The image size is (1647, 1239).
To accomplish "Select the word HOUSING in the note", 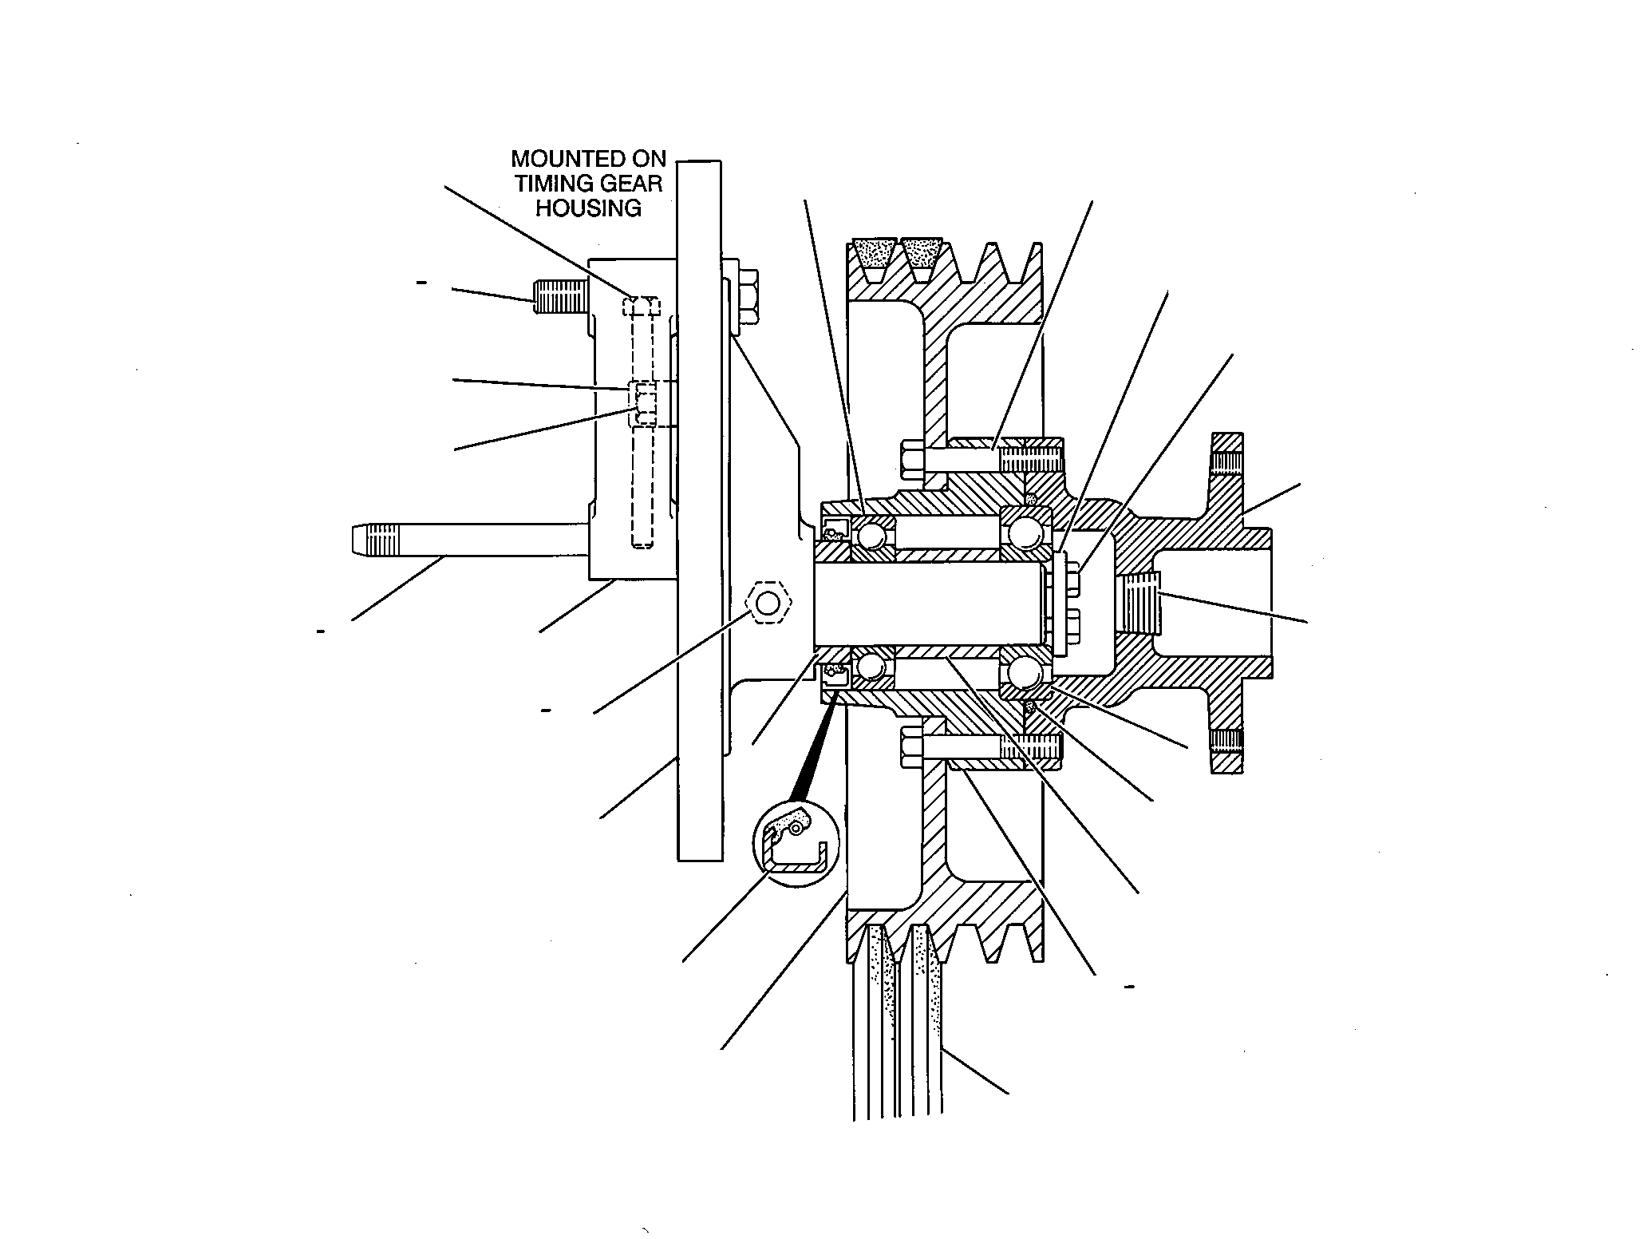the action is point(589,208).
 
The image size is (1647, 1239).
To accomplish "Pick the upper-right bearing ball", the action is point(1021,530).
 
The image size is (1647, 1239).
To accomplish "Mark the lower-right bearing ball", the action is point(1021,672).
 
